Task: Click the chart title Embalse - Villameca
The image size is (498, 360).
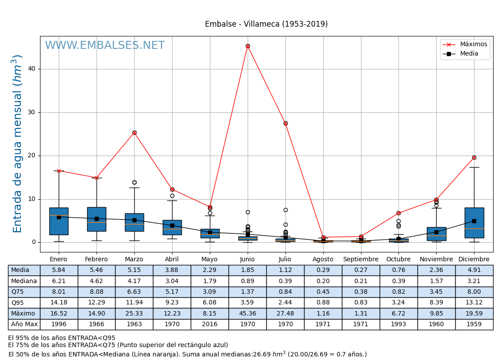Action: [x=266, y=24]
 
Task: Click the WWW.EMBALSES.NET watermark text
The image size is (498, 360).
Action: [x=104, y=46]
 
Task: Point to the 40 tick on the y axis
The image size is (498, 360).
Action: [x=32, y=69]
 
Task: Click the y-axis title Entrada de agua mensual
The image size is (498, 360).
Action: [x=17, y=143]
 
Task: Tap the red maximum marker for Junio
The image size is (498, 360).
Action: [x=248, y=46]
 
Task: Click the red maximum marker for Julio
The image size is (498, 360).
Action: [x=285, y=123]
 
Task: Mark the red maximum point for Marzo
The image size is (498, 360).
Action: [x=134, y=132]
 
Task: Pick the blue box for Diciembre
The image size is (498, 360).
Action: [x=474, y=223]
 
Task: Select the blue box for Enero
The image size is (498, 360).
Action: [x=59, y=221]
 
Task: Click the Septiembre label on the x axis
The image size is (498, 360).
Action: [x=361, y=260]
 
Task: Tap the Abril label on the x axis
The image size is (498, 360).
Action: [x=172, y=260]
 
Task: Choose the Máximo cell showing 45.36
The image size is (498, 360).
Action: [x=247, y=314]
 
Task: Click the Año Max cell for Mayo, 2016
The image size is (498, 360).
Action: [x=209, y=324]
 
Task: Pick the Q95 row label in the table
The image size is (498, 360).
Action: [x=24, y=303]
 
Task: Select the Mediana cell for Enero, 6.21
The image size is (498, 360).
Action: [x=59, y=281]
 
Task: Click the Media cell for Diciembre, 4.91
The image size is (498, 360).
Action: [x=474, y=270]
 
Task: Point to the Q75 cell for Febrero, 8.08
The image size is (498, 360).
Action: [x=96, y=292]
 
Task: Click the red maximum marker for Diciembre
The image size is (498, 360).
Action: [x=474, y=157]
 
